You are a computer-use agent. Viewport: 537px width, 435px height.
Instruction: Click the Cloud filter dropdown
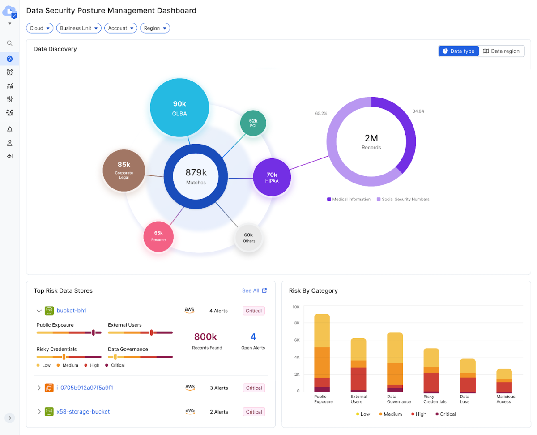[39, 28]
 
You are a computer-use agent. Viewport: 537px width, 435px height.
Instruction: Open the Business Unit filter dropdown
[79, 28]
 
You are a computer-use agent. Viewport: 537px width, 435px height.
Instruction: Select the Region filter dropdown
[155, 28]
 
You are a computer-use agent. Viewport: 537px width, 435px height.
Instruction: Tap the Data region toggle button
[501, 51]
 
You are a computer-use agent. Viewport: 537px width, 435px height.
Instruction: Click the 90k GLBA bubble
[179, 108]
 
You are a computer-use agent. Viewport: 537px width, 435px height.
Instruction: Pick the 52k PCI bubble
[253, 123]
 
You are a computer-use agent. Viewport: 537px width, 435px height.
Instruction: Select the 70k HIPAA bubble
[272, 177]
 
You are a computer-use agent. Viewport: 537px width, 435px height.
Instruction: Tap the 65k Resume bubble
[158, 236]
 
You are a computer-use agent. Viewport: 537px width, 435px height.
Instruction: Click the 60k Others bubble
[249, 238]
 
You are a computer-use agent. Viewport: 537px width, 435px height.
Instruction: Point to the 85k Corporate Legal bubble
[124, 171]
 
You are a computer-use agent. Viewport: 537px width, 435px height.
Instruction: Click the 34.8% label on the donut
[418, 111]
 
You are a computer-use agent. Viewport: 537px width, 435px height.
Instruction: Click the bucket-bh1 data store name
[71, 311]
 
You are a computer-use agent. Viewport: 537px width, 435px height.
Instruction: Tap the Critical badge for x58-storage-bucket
[254, 412]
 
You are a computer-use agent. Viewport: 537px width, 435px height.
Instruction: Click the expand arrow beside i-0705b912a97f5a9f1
[39, 388]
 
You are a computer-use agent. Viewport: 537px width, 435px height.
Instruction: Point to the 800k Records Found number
[205, 337]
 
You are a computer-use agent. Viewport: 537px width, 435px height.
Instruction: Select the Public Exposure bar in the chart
[322, 353]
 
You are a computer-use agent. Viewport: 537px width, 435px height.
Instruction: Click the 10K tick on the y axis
[296, 307]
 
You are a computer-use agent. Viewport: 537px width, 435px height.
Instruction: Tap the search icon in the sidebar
[9, 43]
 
